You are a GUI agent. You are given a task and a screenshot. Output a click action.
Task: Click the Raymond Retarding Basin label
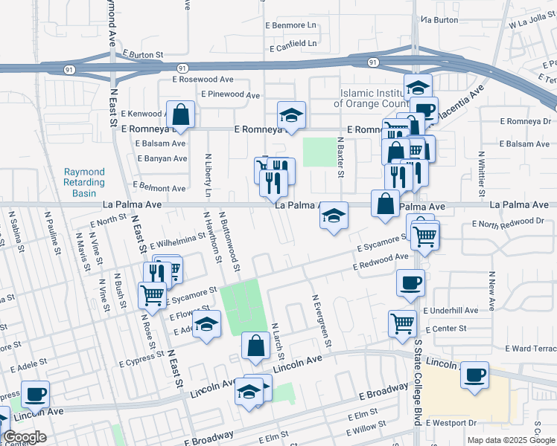83,183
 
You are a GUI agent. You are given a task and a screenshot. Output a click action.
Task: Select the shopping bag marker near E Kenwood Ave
180,115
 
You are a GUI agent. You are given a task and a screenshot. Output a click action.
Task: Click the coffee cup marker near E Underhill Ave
410,282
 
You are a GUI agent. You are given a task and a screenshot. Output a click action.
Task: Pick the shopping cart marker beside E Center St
402,323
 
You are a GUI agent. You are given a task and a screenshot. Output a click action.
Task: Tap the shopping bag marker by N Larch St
255,346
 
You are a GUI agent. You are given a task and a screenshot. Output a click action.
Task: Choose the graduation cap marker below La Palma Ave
334,216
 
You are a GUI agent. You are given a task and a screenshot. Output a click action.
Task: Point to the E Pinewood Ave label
231,95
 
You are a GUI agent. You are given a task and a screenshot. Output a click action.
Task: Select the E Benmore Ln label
291,25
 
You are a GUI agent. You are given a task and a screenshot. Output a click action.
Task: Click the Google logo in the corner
25,437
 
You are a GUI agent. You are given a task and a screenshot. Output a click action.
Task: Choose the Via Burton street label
439,20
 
